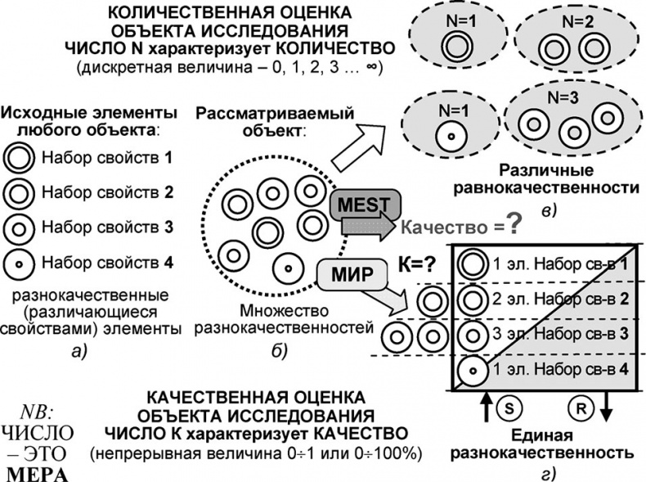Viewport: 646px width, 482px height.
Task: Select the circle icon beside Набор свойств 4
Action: pos(20,263)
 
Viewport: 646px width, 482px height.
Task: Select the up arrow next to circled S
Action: pos(484,405)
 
